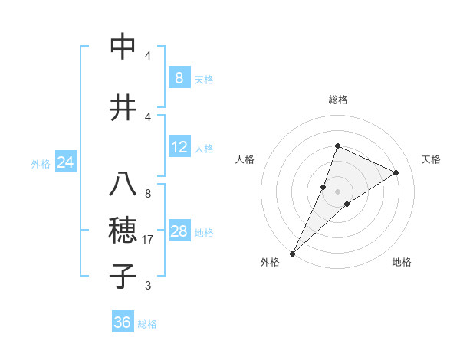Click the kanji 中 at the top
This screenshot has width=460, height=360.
point(123,47)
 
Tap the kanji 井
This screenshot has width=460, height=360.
point(123,107)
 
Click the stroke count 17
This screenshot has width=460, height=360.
point(148,240)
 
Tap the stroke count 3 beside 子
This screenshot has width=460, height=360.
point(147,286)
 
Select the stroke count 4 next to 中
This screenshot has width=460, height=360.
point(147,56)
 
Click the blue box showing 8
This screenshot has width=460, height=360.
point(179,78)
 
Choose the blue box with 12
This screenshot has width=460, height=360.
point(179,147)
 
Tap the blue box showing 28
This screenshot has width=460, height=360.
point(179,231)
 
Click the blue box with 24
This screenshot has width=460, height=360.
point(65,162)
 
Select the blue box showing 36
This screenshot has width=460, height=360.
point(123,322)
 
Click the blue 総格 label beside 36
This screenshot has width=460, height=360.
point(147,324)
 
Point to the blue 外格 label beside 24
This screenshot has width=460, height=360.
point(41,164)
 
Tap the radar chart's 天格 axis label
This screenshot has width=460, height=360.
point(432,159)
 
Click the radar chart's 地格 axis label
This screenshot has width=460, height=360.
point(402,262)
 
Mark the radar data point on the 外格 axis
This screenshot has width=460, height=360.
point(292,253)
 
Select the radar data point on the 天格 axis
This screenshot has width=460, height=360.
point(396,172)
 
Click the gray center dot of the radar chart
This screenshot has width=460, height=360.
point(337,191)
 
